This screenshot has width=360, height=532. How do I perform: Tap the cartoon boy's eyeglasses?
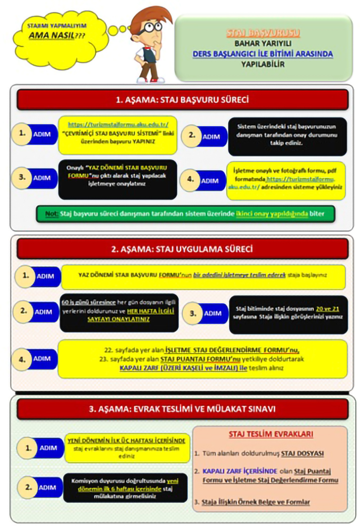tap(152, 26)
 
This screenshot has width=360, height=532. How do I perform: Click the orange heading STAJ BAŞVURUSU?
tap(262, 33)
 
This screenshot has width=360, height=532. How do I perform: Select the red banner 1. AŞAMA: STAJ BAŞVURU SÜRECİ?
tap(182, 100)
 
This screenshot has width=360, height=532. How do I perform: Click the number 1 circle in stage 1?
tap(22, 134)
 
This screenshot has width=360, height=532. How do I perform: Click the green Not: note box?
tap(185, 214)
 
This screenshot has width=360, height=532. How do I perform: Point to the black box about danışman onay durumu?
tap(287, 137)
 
